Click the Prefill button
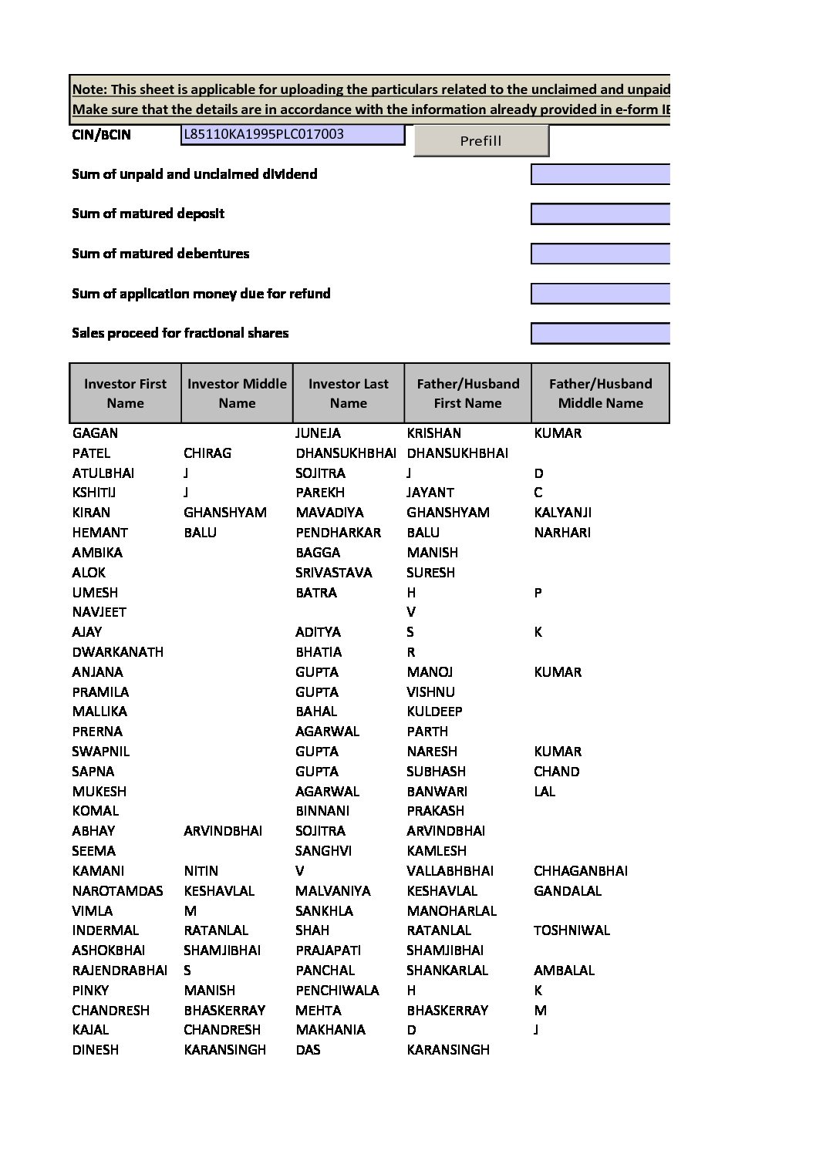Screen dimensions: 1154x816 tap(480, 140)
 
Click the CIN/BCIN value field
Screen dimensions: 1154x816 tap(292, 134)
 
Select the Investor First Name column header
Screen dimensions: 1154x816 tap(125, 393)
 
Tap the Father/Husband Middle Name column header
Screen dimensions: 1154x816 tap(600, 393)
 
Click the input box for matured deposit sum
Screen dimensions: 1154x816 tap(600, 214)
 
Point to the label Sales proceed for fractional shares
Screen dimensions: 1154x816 tap(180, 333)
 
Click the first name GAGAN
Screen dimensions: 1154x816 tap(95, 433)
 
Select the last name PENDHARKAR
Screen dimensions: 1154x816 tap(338, 533)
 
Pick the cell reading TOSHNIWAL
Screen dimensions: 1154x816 tap(572, 930)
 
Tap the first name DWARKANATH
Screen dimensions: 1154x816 tap(117, 652)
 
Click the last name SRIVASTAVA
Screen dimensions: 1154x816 tap(333, 573)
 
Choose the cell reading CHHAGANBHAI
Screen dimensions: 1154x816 tap(580, 871)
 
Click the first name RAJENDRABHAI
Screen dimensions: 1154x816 tap(120, 971)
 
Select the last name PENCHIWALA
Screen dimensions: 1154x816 tap(337, 991)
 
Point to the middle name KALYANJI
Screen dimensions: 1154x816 tap(562, 513)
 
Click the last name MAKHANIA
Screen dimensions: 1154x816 tap(331, 1030)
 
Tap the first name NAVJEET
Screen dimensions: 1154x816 tap(99, 612)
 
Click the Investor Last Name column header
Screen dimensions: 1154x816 tap(348, 393)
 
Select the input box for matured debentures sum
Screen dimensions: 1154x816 tap(600, 254)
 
